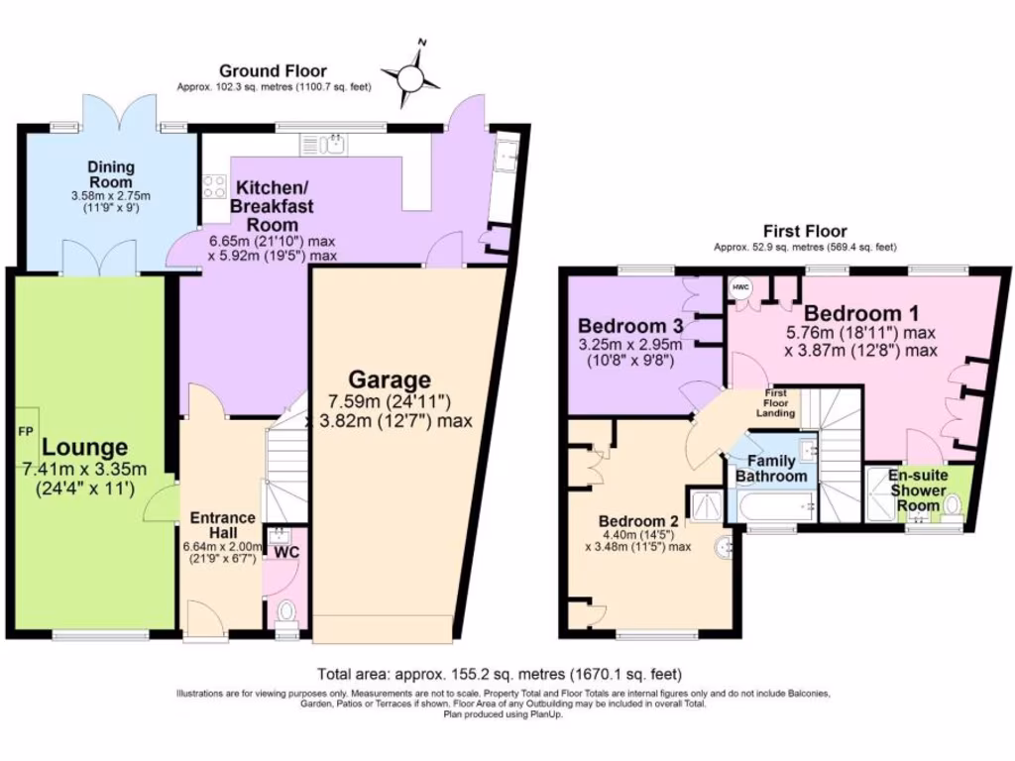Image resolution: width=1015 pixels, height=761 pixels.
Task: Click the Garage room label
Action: [x=389, y=380]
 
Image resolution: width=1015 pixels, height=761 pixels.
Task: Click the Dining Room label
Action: [x=110, y=174]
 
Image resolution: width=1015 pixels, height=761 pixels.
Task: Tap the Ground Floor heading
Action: [x=274, y=70]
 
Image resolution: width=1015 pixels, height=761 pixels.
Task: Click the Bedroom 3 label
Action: [x=629, y=326]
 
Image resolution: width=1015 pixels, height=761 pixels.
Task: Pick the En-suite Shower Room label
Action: [x=918, y=490]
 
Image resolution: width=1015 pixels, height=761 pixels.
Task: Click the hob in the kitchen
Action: [x=213, y=185]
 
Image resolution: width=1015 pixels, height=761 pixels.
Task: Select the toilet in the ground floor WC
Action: [x=286, y=610]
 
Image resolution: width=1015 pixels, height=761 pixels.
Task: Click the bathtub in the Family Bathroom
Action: [x=773, y=507]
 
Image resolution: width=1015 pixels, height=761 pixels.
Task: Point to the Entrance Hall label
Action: [x=223, y=525]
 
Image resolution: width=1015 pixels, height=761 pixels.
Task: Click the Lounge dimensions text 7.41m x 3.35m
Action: [x=84, y=470]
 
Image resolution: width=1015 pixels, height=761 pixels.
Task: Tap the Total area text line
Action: [x=499, y=674]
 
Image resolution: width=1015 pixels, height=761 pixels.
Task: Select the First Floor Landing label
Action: [x=780, y=400]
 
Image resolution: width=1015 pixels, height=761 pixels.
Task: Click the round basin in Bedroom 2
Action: [x=724, y=544]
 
